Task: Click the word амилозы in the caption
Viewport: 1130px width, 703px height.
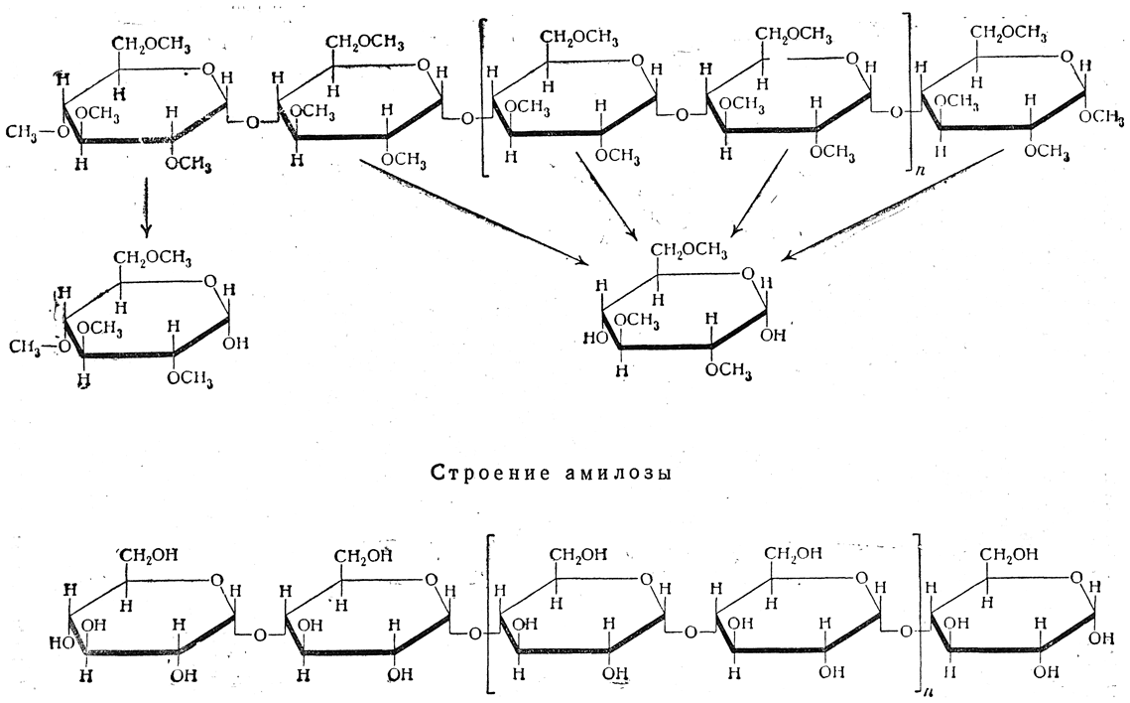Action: tap(616, 473)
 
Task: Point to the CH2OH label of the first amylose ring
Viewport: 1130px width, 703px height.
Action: tap(150, 554)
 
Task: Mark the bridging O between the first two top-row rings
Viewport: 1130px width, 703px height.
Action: tap(254, 122)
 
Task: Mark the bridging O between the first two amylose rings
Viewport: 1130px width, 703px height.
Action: tap(256, 633)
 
